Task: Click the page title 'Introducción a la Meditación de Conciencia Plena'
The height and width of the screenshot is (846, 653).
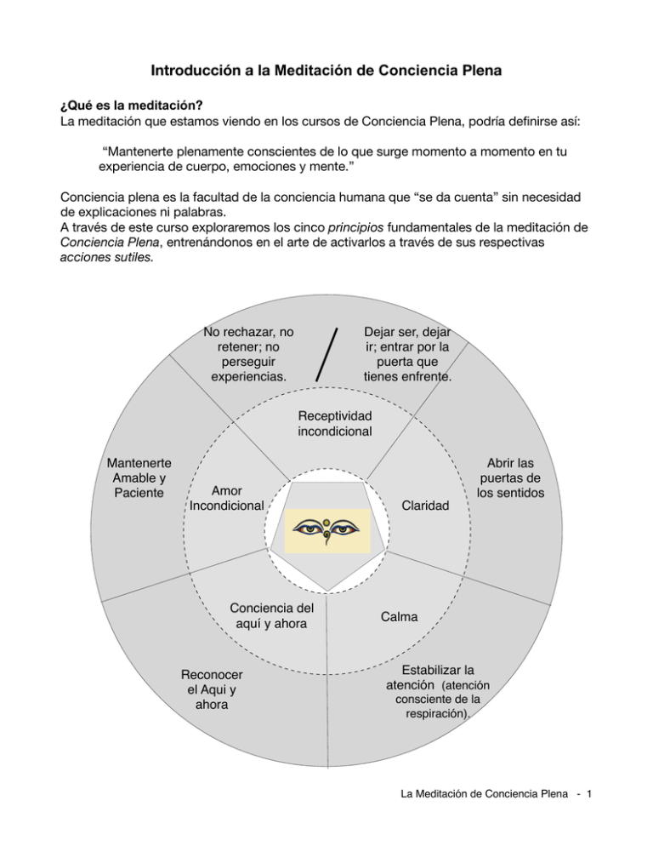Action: [x=326, y=69]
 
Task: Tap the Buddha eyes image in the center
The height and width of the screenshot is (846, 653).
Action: [x=328, y=529]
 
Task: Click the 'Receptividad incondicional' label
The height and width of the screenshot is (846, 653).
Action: [x=334, y=423]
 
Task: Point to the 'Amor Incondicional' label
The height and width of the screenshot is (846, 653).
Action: [x=226, y=499]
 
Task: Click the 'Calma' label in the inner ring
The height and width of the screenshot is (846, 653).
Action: [x=399, y=616]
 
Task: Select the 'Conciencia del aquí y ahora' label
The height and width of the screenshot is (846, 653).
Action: [x=271, y=616]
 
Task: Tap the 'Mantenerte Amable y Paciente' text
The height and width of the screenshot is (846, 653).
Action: [x=137, y=478]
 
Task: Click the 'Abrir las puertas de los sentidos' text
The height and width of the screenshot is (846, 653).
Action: [x=510, y=478]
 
